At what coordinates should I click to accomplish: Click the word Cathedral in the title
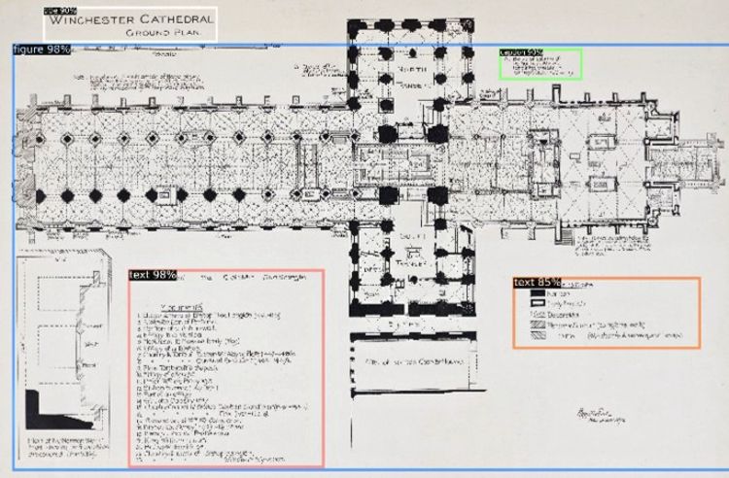pyautogui.click(x=175, y=20)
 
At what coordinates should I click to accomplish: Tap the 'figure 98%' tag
pyautogui.click(x=42, y=50)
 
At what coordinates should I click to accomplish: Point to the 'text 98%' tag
pyautogui.click(x=153, y=275)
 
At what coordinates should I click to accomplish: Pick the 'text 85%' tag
pyautogui.click(x=537, y=283)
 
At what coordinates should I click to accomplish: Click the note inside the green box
pyautogui.click(x=540, y=66)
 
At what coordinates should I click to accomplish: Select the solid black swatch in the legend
pyautogui.click(x=537, y=292)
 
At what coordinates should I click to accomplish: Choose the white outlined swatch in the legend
pyautogui.click(x=537, y=303)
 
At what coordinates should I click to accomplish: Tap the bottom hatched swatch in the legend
pyautogui.click(x=537, y=336)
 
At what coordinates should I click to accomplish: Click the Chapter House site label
pyautogui.click(x=413, y=362)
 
